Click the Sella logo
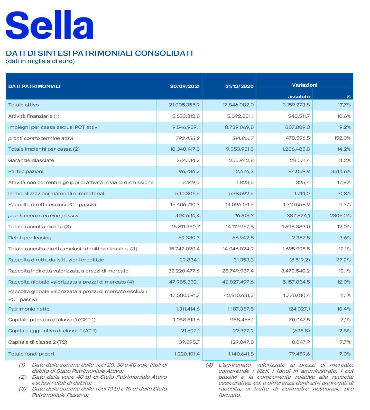tap(49, 25)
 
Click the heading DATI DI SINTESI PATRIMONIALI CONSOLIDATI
tap(99, 53)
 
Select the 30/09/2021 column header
tap(185, 86)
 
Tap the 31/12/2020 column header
tap(239, 86)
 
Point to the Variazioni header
tap(304, 85)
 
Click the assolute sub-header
tap(299, 97)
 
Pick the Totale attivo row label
tap(23, 105)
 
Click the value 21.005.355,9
tap(184, 105)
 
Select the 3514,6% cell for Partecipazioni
tap(341, 171)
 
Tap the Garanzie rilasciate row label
tap(31, 160)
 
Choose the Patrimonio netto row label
tap(29, 309)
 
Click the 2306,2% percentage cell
tap(340, 216)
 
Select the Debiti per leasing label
tap(30, 238)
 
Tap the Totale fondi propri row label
tap(31, 354)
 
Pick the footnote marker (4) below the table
tap(209, 365)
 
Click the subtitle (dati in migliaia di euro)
tap(40, 61)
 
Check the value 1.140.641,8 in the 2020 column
tap(240, 354)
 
